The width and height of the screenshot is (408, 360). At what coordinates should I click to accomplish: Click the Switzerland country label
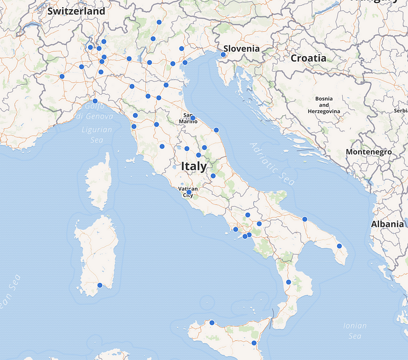point(76,11)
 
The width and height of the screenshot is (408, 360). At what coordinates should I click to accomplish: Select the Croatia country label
point(308,58)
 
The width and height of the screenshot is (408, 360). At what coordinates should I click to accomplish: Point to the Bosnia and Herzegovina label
point(324,105)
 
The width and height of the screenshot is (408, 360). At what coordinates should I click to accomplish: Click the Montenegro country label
point(368,152)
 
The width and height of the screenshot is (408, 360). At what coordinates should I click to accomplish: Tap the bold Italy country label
point(194,166)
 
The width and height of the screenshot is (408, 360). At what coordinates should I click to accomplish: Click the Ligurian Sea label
point(97,134)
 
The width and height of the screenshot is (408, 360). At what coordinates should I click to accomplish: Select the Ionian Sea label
point(355,330)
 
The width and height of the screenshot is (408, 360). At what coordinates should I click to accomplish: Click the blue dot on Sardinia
point(100,285)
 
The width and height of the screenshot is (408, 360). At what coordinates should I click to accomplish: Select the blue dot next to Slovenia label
point(223,55)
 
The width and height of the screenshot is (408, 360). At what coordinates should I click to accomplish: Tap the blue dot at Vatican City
point(189,192)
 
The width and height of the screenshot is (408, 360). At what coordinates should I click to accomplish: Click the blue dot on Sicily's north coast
point(212,322)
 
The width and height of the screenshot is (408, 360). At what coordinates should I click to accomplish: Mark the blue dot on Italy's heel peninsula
point(339,246)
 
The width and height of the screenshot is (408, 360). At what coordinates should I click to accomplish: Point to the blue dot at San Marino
point(193,118)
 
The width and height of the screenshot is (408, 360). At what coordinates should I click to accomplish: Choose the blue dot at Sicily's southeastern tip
point(254,343)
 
